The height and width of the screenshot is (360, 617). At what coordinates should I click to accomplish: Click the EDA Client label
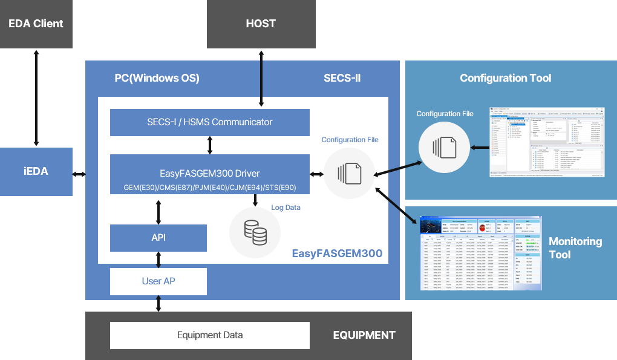pyautogui.click(x=36, y=24)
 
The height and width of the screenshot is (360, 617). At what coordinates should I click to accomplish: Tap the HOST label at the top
pyautogui.click(x=261, y=24)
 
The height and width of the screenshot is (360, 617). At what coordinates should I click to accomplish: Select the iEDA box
pyautogui.click(x=36, y=171)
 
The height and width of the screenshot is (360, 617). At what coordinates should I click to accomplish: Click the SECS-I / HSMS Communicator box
pyautogui.click(x=209, y=122)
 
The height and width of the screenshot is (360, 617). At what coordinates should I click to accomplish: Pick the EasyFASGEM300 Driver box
pyautogui.click(x=209, y=174)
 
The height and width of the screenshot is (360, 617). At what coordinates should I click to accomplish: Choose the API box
pyautogui.click(x=158, y=238)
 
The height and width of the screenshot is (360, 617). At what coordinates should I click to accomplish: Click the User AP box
pyautogui.click(x=158, y=281)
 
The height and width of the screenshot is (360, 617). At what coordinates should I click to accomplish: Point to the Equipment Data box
pyautogui.click(x=209, y=335)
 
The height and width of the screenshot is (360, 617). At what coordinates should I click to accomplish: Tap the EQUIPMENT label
pyautogui.click(x=364, y=335)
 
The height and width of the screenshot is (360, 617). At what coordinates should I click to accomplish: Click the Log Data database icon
pyautogui.click(x=255, y=232)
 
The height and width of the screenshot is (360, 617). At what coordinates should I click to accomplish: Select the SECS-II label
pyautogui.click(x=342, y=78)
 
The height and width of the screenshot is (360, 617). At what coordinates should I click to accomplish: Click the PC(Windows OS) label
pyautogui.click(x=157, y=78)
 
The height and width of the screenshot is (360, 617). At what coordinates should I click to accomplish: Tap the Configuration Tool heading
pyautogui.click(x=505, y=78)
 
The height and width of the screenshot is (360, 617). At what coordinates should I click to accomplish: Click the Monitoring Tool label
pyautogui.click(x=575, y=248)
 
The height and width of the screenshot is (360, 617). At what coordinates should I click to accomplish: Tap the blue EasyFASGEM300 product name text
pyautogui.click(x=337, y=254)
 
